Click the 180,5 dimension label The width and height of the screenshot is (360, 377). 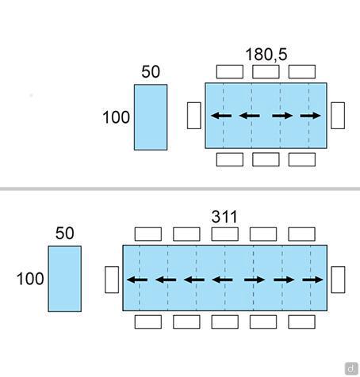[x=266, y=55]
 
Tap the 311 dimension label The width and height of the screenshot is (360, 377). [x=224, y=217]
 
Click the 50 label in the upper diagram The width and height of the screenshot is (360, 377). [x=151, y=71]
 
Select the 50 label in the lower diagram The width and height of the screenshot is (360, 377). [x=65, y=233]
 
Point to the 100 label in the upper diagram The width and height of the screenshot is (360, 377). [x=116, y=117]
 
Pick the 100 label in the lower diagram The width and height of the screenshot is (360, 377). [x=30, y=279]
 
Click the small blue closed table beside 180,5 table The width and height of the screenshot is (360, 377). [x=151, y=117]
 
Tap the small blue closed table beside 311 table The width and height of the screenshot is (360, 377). [x=65, y=279]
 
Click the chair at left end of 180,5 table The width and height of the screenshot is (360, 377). [x=194, y=116]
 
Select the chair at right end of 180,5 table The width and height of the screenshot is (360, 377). [x=338, y=116]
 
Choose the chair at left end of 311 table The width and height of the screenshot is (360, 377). [x=112, y=280]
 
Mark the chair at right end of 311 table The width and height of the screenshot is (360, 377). [x=338, y=280]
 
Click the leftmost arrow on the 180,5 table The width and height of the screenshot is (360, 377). [x=221, y=116]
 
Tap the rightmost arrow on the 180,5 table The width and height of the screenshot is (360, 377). [x=311, y=116]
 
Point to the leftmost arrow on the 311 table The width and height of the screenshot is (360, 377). [x=137, y=280]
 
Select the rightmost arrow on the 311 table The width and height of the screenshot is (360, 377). [x=312, y=280]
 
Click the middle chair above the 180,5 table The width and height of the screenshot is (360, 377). [x=266, y=72]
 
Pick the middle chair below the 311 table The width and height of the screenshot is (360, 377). [x=225, y=322]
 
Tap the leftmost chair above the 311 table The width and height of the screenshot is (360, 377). [x=148, y=234]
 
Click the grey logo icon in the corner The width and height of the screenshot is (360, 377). [x=351, y=368]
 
